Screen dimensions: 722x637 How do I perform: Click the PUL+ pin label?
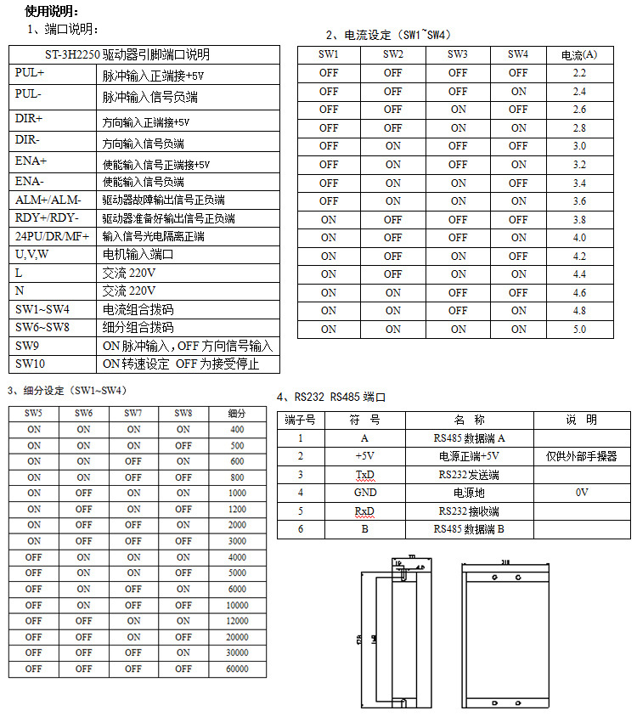tap(30, 74)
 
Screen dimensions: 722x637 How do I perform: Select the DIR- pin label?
tap(28, 139)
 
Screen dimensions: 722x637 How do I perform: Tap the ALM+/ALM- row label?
tap(48, 200)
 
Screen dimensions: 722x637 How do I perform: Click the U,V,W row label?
tap(32, 254)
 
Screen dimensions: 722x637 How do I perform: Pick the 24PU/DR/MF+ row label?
tap(52, 236)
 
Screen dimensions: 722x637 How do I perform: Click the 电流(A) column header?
tap(579, 54)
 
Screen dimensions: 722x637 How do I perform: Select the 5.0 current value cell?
tap(579, 329)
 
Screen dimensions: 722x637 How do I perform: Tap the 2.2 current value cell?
tap(579, 73)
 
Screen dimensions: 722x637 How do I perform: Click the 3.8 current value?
tap(579, 219)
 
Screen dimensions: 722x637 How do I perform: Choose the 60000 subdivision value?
tap(237, 668)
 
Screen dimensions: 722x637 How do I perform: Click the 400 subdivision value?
tap(237, 429)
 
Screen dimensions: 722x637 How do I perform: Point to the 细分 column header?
tap(237, 413)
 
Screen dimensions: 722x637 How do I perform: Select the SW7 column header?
tap(133, 413)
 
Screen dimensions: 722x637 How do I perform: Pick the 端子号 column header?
tap(300, 420)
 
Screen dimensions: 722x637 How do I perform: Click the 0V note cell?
tap(582, 493)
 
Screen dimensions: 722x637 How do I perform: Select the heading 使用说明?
tap(51, 11)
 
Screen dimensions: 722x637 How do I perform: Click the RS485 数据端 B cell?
tap(469, 528)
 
